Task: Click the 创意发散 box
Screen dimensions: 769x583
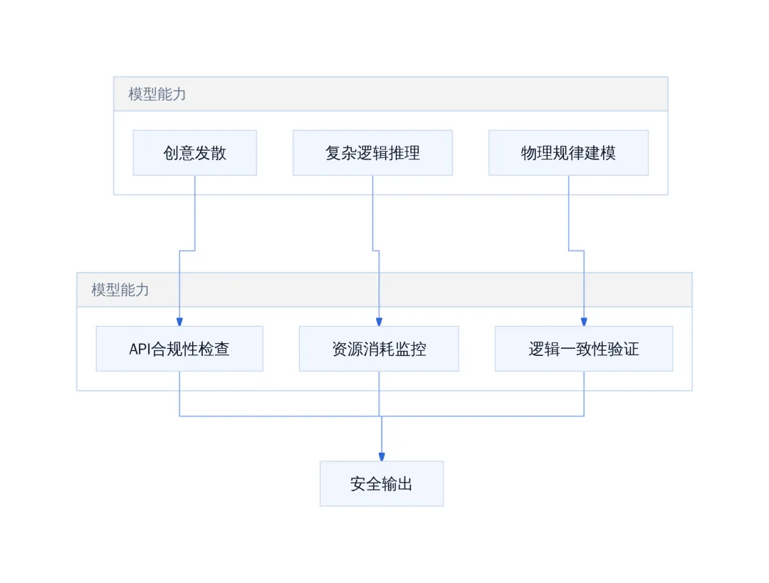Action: coord(194,152)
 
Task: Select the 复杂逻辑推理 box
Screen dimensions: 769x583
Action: coord(372,152)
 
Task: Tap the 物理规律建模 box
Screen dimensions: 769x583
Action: coord(568,152)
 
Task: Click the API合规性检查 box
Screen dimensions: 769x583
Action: coord(179,349)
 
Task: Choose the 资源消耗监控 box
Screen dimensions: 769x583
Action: coord(379,349)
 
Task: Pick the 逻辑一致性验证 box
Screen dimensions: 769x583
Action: coord(584,349)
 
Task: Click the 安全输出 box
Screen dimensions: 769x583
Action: coord(382,483)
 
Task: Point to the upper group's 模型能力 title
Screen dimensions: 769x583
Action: coord(157,94)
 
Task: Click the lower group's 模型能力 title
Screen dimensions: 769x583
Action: coord(120,290)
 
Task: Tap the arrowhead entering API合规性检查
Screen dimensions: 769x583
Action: coord(179,322)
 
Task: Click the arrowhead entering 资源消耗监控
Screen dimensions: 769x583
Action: coord(379,322)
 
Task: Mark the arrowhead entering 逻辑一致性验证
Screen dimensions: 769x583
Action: coord(584,322)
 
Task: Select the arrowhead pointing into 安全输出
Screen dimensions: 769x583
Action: coord(382,457)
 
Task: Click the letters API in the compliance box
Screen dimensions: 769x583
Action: coord(140,349)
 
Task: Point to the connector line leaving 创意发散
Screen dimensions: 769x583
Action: coord(187,251)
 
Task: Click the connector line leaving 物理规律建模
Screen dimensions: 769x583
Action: coord(576,251)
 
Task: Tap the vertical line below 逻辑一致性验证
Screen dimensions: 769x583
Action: coord(584,394)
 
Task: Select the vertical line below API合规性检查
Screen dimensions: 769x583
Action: coord(179,394)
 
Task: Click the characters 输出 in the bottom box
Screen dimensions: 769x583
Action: coord(397,484)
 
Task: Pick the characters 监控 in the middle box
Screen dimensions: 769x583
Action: coord(411,349)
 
